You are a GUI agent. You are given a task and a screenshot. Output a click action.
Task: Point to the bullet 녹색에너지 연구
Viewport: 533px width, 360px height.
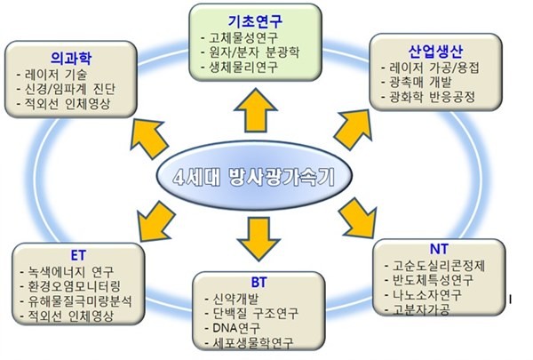point(75,271)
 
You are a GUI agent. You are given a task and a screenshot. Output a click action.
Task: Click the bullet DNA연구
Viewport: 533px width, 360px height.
point(233,328)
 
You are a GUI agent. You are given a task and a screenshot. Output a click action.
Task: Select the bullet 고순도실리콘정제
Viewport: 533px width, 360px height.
point(440,265)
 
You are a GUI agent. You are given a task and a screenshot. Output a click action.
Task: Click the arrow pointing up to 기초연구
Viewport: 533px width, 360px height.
point(252,114)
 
